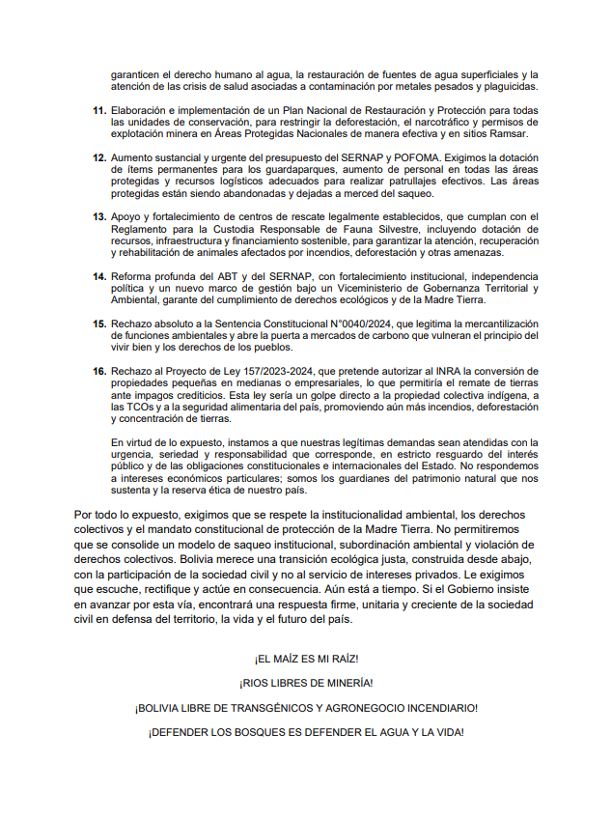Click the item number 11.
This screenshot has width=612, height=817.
pos(98,111)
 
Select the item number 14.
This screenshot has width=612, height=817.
pos(98,276)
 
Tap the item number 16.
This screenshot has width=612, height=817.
pos(98,371)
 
